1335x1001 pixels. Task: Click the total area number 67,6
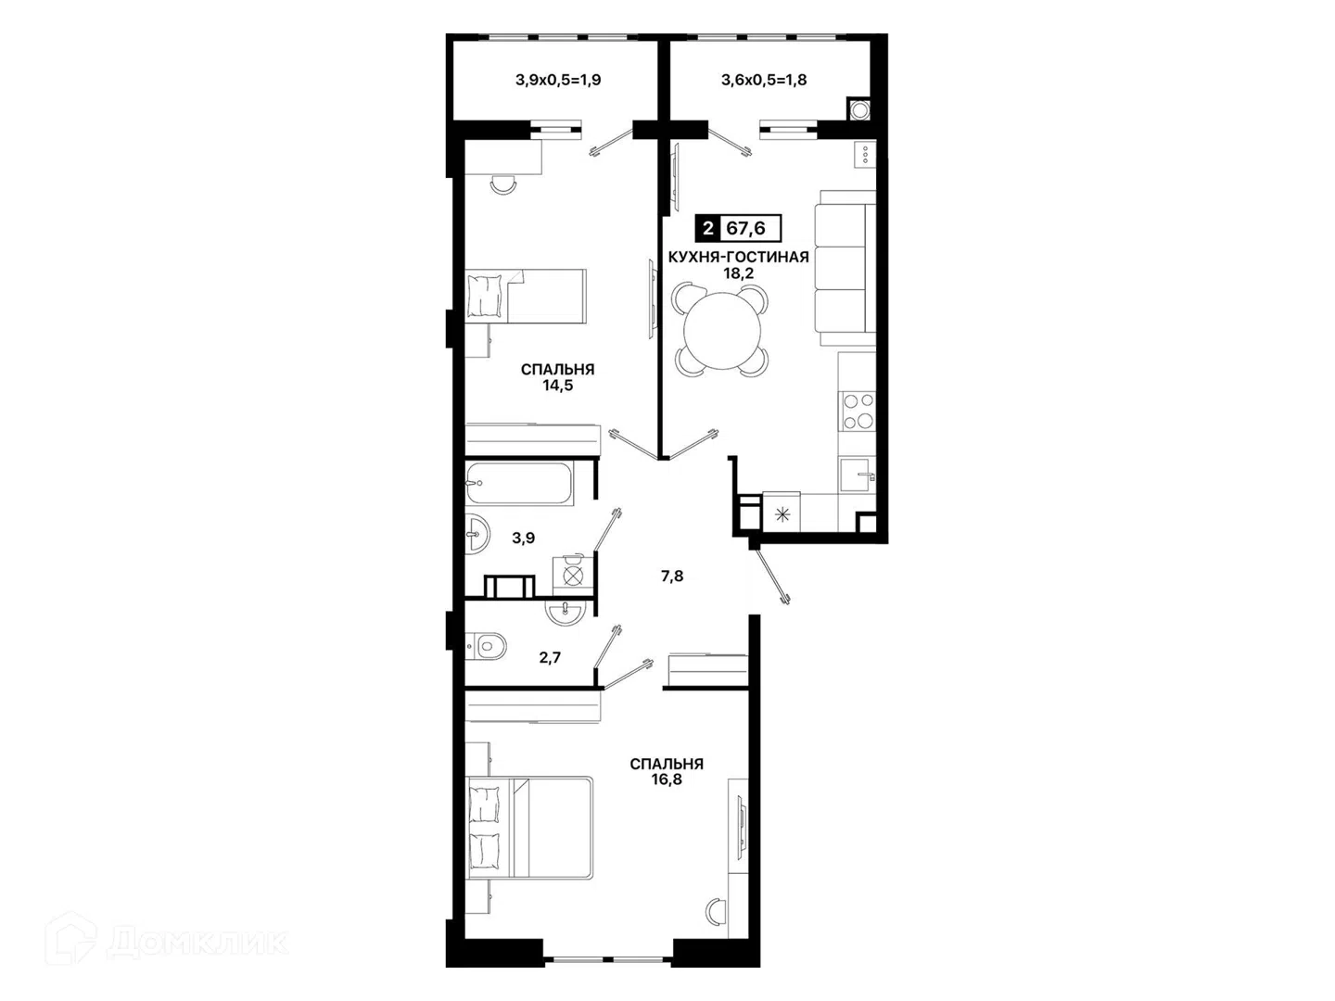[x=745, y=229]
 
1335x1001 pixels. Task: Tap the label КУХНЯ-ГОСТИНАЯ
[x=738, y=257]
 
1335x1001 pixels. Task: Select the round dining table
[x=722, y=330]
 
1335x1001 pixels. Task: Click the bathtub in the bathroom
[x=519, y=483]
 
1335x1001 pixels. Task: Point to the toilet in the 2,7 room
[x=486, y=645]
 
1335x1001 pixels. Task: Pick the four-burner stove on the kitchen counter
[x=857, y=411]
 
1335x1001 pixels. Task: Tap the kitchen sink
[x=858, y=475]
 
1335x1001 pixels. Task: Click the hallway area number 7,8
[x=672, y=577]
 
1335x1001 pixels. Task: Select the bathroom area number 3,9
[x=523, y=538]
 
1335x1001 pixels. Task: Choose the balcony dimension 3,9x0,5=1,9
[x=558, y=80]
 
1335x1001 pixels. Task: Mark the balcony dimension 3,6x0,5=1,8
[x=764, y=80]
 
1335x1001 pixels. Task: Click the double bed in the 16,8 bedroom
[x=529, y=827]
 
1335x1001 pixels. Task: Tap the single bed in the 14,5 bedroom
[x=526, y=296]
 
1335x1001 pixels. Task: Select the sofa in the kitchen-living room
[x=845, y=268]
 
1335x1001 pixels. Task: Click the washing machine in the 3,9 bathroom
[x=572, y=575]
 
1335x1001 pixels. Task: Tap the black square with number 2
[x=708, y=229]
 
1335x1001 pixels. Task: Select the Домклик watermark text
[x=198, y=943]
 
